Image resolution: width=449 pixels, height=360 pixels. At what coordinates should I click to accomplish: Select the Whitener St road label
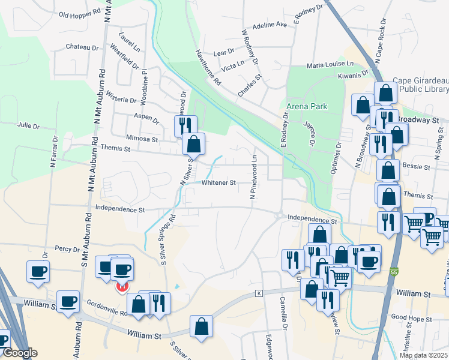pyautogui.click(x=217, y=182)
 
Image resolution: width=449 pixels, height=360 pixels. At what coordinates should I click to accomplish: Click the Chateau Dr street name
pyautogui.click(x=82, y=47)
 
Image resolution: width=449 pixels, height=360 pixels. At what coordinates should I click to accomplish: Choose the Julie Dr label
pyautogui.click(x=28, y=126)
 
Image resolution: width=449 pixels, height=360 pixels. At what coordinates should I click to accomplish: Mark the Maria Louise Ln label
pyautogui.click(x=330, y=64)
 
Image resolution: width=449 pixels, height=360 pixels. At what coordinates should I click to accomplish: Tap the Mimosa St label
pyautogui.click(x=142, y=139)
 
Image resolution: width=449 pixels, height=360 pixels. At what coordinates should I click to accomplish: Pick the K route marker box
pyautogui.click(x=259, y=293)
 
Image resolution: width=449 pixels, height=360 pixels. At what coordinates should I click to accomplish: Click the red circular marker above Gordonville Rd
pyautogui.click(x=121, y=287)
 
